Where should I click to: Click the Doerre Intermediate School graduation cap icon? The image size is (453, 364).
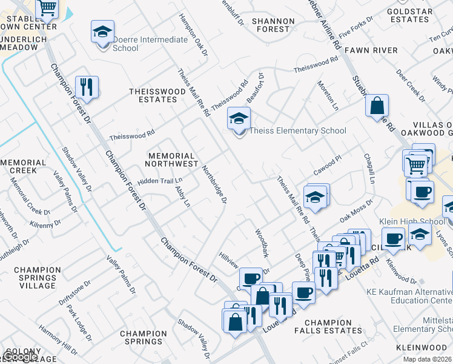tap(102, 31)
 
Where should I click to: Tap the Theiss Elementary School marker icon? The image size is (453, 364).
tap(239, 118)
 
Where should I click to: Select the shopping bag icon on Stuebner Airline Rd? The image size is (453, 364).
tap(377, 106)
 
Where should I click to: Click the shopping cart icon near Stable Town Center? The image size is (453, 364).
tap(47, 8)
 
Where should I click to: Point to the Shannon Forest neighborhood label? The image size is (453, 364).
tap(273, 25)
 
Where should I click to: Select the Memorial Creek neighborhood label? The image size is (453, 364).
tap(23, 167)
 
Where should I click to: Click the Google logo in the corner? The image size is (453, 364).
tap(19, 357)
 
